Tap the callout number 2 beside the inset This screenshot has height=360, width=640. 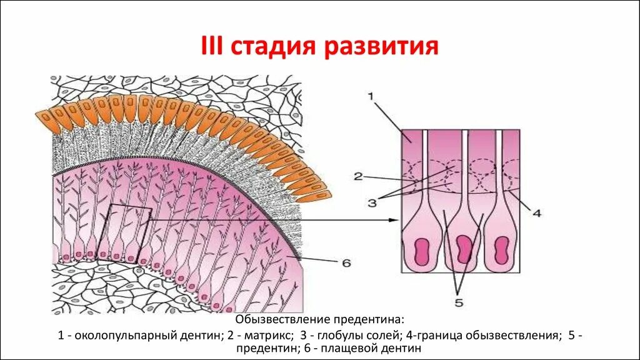[358, 177]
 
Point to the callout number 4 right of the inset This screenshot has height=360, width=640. [536, 213]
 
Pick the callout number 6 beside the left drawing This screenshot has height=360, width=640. [346, 263]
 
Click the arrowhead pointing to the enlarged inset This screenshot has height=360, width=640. [394, 220]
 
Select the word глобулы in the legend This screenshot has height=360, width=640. [329, 335]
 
